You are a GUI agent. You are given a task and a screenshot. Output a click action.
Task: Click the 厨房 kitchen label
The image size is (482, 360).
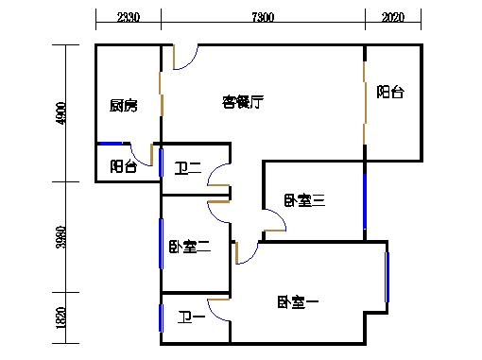click(123, 106)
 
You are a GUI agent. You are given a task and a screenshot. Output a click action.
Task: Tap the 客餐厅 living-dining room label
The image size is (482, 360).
click(243, 100)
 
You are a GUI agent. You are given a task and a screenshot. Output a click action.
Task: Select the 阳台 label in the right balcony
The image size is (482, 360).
click(391, 93)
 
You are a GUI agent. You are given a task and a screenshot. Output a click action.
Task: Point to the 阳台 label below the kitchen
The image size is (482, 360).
click(123, 166)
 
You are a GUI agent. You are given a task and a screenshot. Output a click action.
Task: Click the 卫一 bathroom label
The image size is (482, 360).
click(193, 318)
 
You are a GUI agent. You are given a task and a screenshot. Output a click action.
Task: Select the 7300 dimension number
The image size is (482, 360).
click(263, 17)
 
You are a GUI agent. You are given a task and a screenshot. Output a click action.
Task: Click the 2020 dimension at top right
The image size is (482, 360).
click(393, 17)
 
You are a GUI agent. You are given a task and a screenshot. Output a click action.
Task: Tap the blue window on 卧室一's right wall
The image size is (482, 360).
click(387, 276)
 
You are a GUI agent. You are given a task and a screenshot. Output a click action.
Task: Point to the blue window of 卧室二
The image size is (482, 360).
click(162, 244)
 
